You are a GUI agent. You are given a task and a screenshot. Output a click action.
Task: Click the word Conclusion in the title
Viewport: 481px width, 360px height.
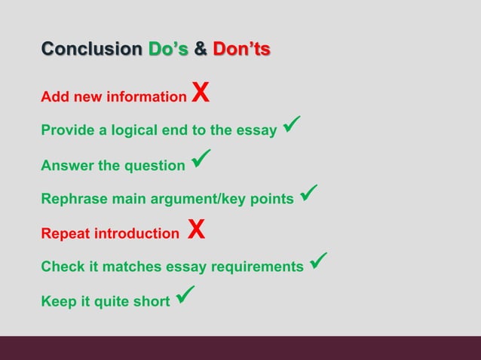(91, 50)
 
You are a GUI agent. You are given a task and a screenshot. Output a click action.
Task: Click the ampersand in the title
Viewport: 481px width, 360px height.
(201, 50)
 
